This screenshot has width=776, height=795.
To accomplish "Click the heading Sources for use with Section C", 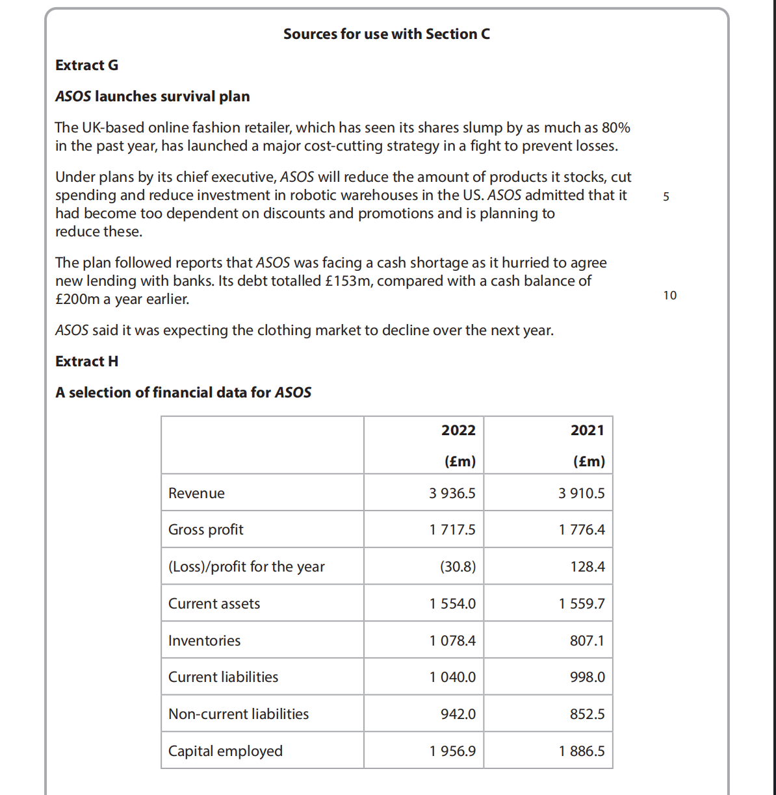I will pyautogui.click(x=387, y=34).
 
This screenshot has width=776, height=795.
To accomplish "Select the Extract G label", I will pyautogui.click(x=86, y=66).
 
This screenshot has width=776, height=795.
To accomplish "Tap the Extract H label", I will pyautogui.click(x=86, y=362).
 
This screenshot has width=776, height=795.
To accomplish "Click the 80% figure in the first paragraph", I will pyautogui.click(x=615, y=128).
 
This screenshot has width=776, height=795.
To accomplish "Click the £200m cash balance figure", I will pyautogui.click(x=77, y=299).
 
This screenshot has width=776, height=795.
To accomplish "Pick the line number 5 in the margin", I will pyautogui.click(x=666, y=197).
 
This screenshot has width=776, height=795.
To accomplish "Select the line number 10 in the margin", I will pyautogui.click(x=669, y=296).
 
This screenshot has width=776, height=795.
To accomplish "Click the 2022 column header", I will pyautogui.click(x=458, y=431).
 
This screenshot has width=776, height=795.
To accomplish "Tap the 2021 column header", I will pyautogui.click(x=588, y=431).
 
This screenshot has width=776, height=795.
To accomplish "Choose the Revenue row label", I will pyautogui.click(x=196, y=494).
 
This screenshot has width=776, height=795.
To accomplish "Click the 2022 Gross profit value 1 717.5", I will pyautogui.click(x=452, y=530).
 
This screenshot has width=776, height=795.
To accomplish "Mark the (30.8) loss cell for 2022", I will pyautogui.click(x=458, y=567).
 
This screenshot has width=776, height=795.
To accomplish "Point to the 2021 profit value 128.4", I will pyautogui.click(x=588, y=567).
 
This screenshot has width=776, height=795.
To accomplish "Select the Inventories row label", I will pyautogui.click(x=204, y=641).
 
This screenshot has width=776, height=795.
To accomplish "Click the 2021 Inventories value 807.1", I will pyautogui.click(x=587, y=641).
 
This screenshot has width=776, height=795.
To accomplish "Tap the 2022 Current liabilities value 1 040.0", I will pyautogui.click(x=452, y=677).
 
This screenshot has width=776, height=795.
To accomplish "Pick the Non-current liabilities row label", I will pyautogui.click(x=239, y=714).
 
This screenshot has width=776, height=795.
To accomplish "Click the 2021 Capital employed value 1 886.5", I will pyautogui.click(x=582, y=751).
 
